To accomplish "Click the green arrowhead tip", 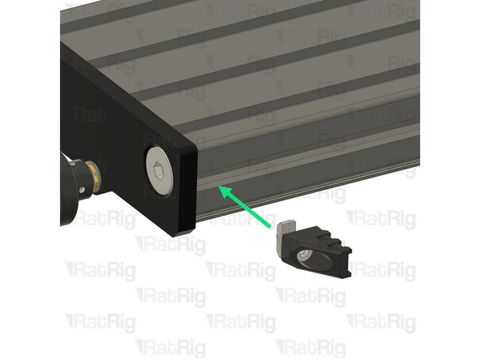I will pyautogui.click(x=219, y=188).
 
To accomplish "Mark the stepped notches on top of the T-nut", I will pyautogui.click(x=328, y=238).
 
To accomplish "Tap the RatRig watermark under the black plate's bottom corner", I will pyautogui.click(x=170, y=244).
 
